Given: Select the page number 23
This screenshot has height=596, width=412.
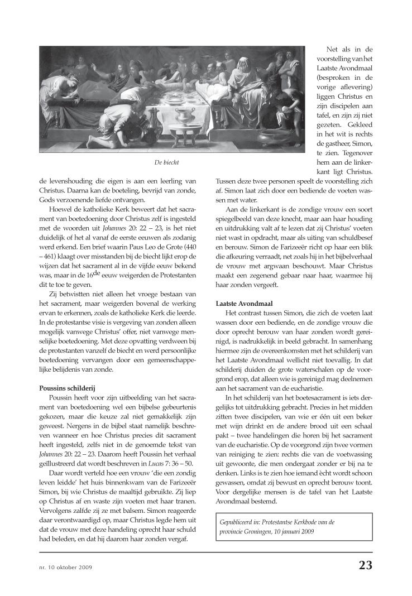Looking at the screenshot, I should pos(366,565).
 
